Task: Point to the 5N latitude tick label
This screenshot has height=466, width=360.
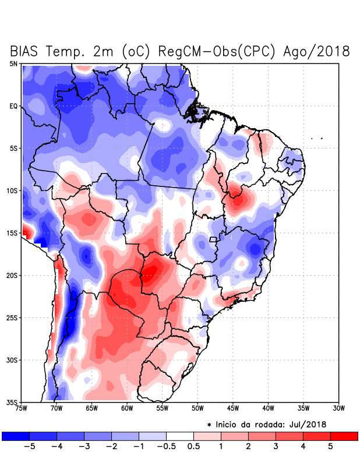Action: pos(13,63)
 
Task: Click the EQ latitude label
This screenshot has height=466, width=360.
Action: pos(13,106)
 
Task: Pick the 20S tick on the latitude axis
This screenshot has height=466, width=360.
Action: pos(12,276)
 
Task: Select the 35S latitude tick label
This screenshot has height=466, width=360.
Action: pos(12,403)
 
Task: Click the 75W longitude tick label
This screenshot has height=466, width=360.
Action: pos(22,408)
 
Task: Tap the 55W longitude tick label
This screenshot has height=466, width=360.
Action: pos(162,408)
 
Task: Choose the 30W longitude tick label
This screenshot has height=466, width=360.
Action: pos(338,408)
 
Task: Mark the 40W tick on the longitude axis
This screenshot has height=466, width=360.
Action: pos(268,408)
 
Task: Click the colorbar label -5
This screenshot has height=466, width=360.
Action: pos(29,447)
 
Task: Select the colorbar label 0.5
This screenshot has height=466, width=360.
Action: pos(194,447)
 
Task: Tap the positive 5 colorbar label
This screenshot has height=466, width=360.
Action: pos(331,447)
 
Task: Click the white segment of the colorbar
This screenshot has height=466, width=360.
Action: pos(180,436)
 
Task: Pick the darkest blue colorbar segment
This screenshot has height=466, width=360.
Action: pos(16,436)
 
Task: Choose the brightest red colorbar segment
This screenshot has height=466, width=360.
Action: pos(344,436)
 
